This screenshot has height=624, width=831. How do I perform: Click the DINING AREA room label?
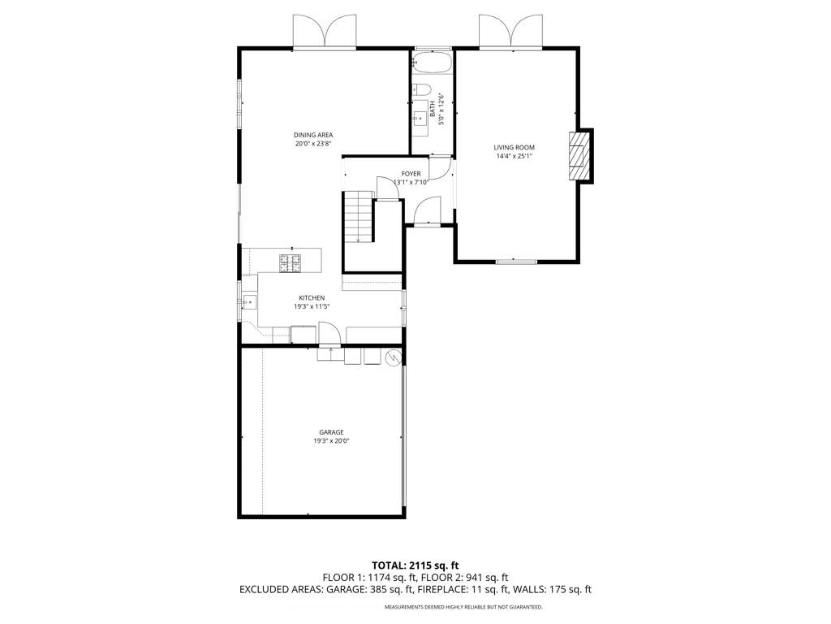[x=313, y=135]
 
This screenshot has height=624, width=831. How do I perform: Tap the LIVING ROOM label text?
[x=514, y=147]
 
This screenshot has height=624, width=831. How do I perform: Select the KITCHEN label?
[x=311, y=298]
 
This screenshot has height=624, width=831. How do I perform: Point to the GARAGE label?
[x=330, y=432]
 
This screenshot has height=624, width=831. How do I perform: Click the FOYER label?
[x=411, y=174]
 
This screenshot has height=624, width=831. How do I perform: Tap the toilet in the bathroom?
[x=420, y=89]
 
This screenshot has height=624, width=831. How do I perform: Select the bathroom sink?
[x=420, y=122]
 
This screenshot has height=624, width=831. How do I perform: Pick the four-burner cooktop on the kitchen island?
[x=290, y=262]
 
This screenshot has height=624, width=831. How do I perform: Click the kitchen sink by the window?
[x=248, y=302]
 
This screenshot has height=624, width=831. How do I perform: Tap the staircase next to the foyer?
[x=358, y=217]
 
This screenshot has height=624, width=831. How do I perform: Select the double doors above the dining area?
[x=325, y=32]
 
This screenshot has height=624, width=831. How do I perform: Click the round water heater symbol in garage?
[x=393, y=357]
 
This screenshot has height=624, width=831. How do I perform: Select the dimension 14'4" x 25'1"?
[x=514, y=157]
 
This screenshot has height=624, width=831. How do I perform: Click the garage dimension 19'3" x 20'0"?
[x=330, y=441]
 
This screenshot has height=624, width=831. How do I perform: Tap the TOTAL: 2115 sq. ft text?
[x=415, y=565]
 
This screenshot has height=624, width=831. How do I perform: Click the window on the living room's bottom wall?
[x=516, y=261]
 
